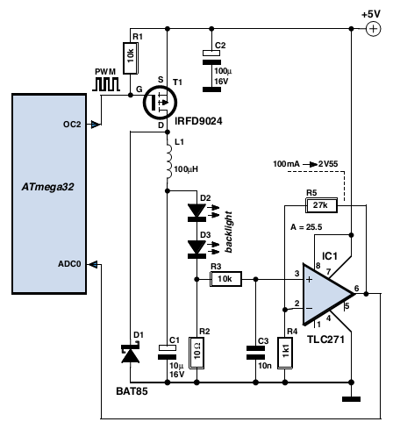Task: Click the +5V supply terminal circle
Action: click(x=373, y=29)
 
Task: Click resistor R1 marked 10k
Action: click(x=131, y=58)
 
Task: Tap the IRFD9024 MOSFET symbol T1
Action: click(x=160, y=103)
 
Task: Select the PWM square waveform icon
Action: click(x=106, y=84)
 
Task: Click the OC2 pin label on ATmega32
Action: click(x=72, y=125)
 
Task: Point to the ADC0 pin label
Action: click(x=69, y=264)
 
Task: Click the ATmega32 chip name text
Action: click(x=48, y=187)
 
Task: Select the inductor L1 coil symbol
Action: click(x=169, y=161)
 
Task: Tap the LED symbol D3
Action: click(x=196, y=249)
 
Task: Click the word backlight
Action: click(x=229, y=232)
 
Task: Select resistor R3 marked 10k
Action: click(x=225, y=279)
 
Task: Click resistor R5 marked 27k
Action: click(x=321, y=205)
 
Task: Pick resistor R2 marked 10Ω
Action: click(x=196, y=353)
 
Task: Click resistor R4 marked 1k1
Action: click(x=285, y=353)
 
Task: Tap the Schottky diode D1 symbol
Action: click(x=131, y=354)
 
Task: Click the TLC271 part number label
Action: click(x=325, y=340)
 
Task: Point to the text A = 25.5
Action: click(x=306, y=227)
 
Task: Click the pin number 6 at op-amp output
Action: click(x=356, y=289)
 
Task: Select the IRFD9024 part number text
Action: click(x=198, y=121)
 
